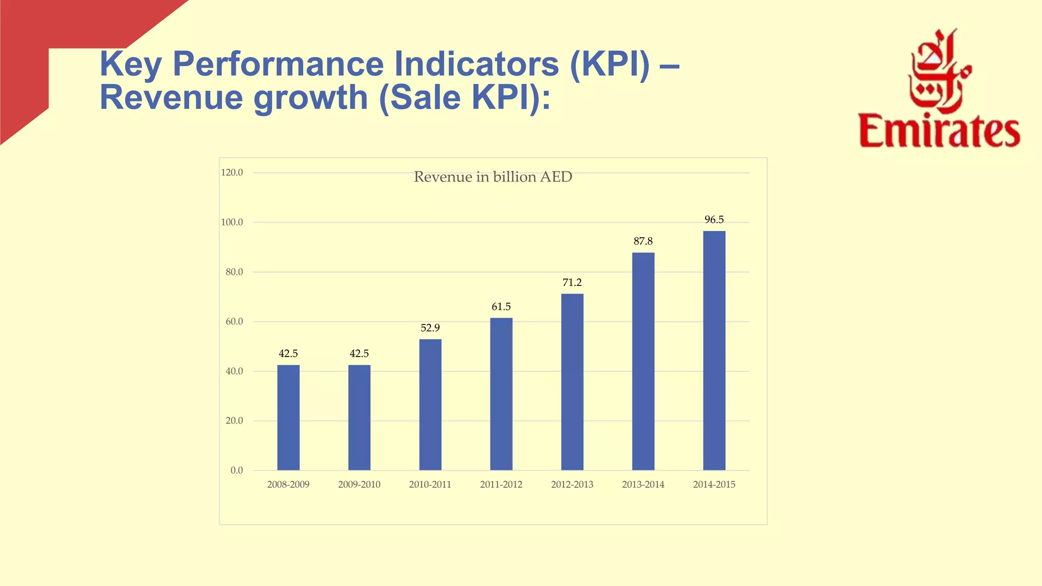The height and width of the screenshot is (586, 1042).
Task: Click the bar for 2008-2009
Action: (288, 417)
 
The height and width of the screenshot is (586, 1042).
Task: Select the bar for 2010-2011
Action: (430, 404)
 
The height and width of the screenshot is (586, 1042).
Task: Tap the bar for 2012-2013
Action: (572, 382)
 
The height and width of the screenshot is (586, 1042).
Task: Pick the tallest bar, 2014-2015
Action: (714, 350)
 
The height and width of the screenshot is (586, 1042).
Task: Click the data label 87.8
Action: (643, 241)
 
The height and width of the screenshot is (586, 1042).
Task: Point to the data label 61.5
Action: (501, 307)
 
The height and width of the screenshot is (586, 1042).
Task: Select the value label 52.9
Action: (430, 328)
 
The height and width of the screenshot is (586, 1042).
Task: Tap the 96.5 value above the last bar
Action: (714, 220)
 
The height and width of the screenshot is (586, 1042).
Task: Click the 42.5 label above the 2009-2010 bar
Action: (359, 354)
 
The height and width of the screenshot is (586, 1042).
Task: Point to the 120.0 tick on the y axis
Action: (232, 172)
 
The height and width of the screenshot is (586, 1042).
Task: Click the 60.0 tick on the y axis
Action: (234, 321)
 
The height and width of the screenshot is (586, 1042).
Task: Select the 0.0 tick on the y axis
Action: (237, 471)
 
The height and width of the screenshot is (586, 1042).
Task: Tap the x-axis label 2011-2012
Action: (501, 485)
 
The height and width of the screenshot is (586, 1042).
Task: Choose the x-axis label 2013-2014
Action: (643, 485)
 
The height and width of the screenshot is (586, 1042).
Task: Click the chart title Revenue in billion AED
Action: (493, 177)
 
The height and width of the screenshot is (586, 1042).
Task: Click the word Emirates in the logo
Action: (939, 131)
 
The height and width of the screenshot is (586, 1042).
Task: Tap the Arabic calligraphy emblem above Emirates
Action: (939, 71)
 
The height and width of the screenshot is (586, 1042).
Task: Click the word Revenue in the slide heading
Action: (171, 97)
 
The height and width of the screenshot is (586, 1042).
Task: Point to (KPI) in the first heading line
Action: (610, 64)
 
